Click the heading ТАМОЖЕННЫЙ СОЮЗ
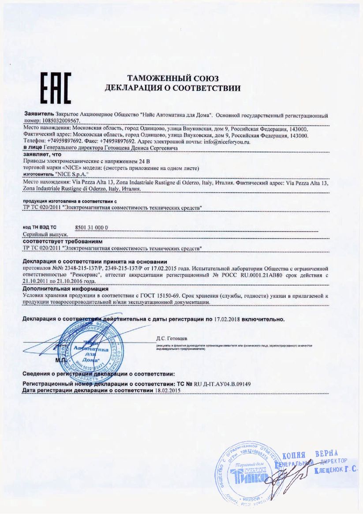(x=173, y=79)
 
